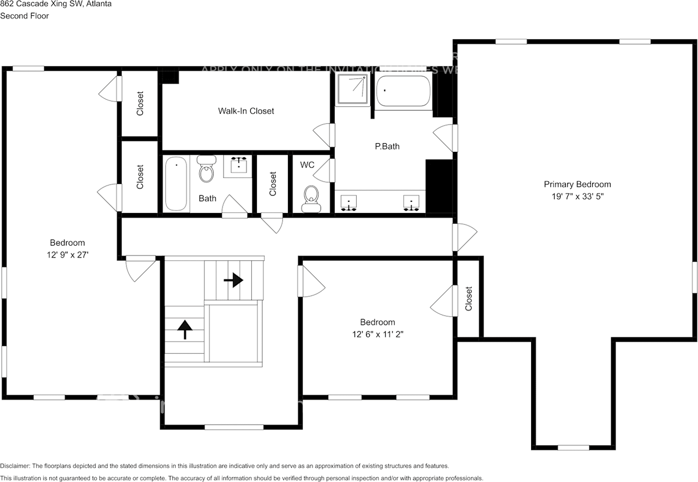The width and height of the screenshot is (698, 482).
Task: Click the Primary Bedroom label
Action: coord(577,185)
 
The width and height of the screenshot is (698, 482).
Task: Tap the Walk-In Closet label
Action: coord(246,111)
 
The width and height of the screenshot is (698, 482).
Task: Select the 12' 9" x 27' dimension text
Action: coord(68,254)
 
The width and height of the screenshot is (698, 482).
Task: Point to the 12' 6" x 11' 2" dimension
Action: coord(377,334)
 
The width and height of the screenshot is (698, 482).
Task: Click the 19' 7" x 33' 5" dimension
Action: coord(577,196)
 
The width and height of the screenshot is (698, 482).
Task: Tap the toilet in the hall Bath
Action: coord(207,169)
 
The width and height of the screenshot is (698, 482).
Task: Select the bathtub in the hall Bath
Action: coord(176,183)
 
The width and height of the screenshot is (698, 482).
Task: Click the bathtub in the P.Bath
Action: coord(403,91)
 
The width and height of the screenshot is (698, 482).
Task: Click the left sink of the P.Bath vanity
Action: coord(348,202)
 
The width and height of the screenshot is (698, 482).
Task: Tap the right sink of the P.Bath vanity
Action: coord(411,202)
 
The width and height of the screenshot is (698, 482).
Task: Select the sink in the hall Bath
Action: coord(238,166)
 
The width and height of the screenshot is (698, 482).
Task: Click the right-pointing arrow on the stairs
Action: coord(234,280)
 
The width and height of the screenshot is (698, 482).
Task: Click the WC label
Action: coord(307,164)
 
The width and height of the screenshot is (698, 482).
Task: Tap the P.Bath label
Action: coord(387,146)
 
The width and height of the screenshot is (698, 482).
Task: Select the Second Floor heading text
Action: coord(25,16)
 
